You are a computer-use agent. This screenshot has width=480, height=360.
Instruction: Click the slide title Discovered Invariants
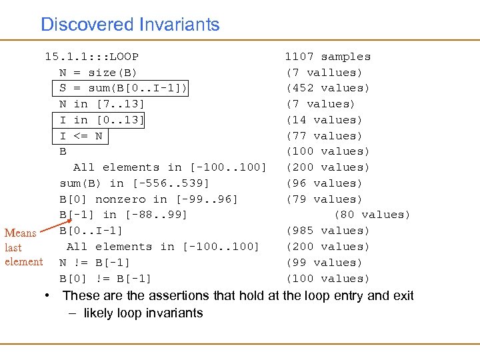click(130, 25)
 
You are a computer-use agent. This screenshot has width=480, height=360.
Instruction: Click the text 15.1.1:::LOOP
click(91, 57)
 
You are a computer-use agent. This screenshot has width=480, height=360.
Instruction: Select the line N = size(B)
click(98, 72)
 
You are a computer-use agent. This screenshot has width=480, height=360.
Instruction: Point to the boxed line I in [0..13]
click(101, 120)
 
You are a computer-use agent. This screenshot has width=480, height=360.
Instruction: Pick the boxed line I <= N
click(81, 136)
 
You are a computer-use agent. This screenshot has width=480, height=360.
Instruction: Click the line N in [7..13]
click(101, 104)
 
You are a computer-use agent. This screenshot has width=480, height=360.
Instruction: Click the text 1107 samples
click(327, 57)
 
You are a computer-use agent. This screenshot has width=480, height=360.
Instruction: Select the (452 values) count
click(327, 88)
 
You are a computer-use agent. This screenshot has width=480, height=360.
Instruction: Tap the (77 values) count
click(324, 136)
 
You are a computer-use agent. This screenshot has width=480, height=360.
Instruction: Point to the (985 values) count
click(327, 231)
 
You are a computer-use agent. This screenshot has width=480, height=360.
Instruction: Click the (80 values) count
click(372, 215)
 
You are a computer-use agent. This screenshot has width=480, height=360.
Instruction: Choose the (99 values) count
click(324, 263)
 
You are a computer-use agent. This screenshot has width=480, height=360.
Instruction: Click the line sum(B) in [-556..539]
click(134, 183)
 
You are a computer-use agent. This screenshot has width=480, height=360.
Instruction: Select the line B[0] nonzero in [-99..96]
click(148, 199)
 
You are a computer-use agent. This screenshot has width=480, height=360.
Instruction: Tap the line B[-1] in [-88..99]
click(123, 215)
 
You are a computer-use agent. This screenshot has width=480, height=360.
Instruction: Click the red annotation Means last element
click(23, 247)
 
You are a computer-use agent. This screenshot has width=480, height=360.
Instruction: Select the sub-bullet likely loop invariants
click(143, 313)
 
